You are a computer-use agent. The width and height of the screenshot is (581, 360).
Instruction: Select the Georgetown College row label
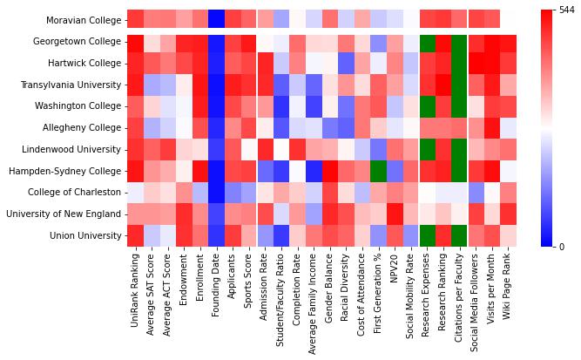click(77, 42)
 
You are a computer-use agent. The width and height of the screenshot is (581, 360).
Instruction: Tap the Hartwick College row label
click(83, 64)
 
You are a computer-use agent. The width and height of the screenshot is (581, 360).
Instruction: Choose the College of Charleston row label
click(74, 192)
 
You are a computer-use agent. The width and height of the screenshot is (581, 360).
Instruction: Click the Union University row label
click(85, 235)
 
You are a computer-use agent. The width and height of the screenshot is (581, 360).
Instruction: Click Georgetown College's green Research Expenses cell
click(427, 42)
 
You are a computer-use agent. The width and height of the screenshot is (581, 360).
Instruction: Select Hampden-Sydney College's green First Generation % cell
click(378, 171)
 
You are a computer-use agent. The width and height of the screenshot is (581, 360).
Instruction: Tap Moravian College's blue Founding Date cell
click(216, 19)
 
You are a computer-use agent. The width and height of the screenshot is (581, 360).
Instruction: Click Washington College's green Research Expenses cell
click(427, 106)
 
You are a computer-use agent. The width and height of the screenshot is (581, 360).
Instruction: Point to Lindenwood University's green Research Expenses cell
click(427, 149)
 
